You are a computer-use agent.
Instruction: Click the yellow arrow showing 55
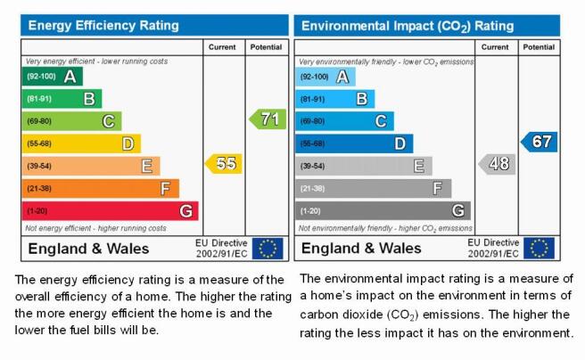point(224,164)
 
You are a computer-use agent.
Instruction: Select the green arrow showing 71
point(268,119)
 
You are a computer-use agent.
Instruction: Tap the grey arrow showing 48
point(497,164)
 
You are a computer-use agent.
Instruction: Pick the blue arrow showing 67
point(540,142)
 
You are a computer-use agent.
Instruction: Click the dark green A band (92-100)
point(53,77)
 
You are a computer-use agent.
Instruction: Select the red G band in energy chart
point(110,211)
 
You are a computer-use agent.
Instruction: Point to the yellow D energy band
point(81,143)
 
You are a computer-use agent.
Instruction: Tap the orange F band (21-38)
point(101,189)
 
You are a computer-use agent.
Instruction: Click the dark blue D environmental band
point(354,143)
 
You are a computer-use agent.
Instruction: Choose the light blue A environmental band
point(325,77)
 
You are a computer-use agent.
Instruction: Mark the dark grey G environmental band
point(383,211)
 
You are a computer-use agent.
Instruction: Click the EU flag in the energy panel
point(268,249)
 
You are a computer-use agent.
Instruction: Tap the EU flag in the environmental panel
point(540,249)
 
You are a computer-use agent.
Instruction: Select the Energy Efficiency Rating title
point(103,25)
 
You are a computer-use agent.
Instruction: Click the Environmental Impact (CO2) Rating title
point(408,26)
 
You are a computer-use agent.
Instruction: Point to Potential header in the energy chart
point(266,47)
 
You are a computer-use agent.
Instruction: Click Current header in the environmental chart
point(495,47)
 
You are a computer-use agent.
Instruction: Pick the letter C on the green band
point(109,121)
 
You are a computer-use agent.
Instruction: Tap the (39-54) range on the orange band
point(39,166)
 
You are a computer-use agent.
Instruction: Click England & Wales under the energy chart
point(88,249)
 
